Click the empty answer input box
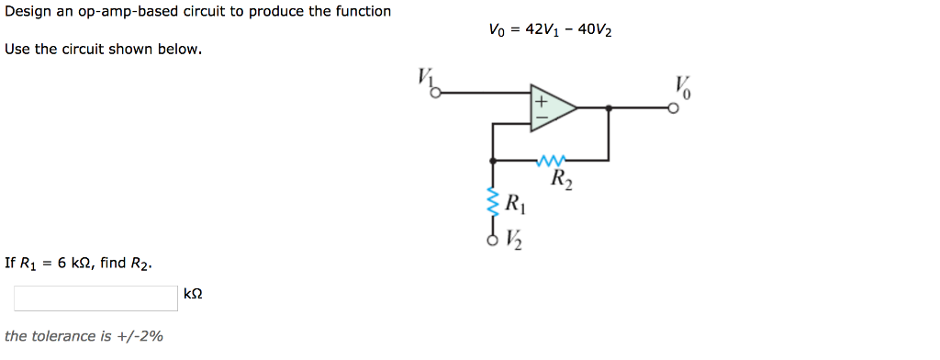(x=95, y=298)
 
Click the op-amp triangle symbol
(x=550, y=108)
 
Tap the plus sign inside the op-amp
(x=542, y=99)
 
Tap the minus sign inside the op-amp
(x=542, y=118)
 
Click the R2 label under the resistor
(x=563, y=178)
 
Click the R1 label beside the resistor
(x=516, y=203)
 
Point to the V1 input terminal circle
(x=437, y=92)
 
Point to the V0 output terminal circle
(x=674, y=108)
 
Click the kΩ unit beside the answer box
(x=193, y=294)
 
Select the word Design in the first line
(x=26, y=12)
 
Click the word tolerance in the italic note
(x=64, y=336)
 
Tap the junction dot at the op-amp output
(x=610, y=108)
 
